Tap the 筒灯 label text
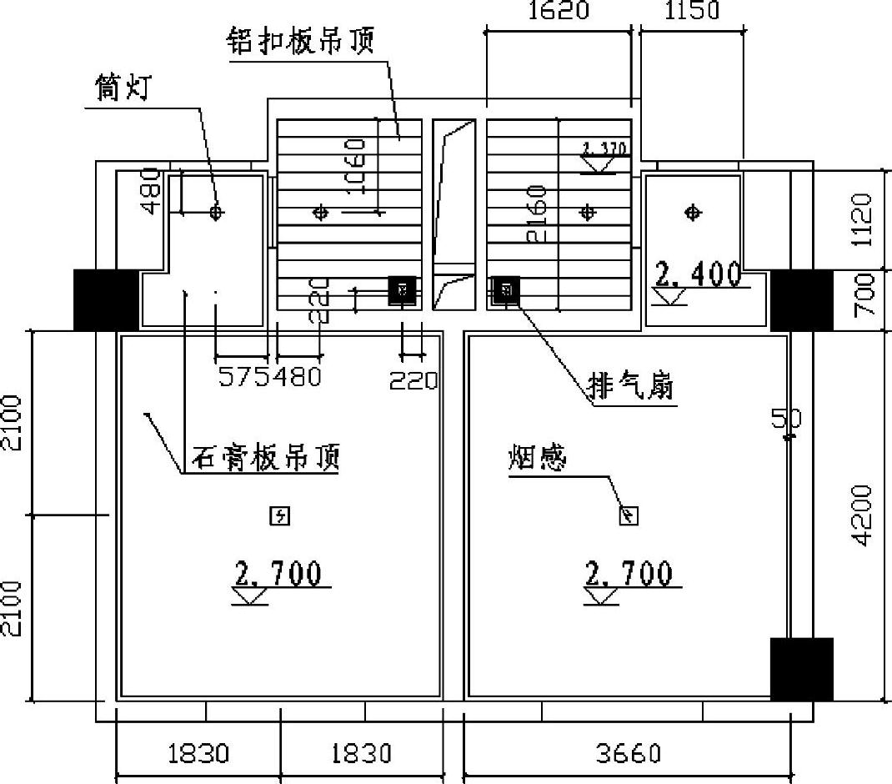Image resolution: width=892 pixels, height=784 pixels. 122,89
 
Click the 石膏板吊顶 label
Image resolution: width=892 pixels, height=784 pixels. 267,457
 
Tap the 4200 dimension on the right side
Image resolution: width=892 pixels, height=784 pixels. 865,515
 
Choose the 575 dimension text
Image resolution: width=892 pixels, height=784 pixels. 241,378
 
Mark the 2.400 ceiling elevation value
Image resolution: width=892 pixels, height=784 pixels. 699,274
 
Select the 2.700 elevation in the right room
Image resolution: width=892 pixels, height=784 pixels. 629,574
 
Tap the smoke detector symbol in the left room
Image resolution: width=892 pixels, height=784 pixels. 279,517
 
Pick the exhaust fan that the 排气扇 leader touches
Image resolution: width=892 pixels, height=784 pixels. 504,290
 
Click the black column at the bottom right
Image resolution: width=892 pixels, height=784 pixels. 801,669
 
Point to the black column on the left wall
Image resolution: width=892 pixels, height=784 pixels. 106,299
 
